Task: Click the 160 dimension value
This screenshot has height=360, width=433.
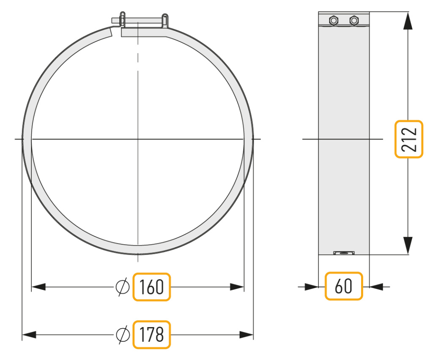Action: (152, 287)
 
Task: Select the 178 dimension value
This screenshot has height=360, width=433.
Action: (152, 335)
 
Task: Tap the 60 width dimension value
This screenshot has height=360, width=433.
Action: (343, 286)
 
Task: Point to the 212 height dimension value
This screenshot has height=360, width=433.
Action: (409, 139)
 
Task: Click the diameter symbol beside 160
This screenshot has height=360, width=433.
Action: (123, 287)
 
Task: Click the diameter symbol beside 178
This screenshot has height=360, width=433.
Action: (123, 335)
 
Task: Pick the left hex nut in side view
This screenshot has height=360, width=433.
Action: (334, 20)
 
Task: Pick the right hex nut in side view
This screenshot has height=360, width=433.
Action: (354, 20)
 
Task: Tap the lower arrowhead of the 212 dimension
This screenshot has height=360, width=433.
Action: (408, 245)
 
